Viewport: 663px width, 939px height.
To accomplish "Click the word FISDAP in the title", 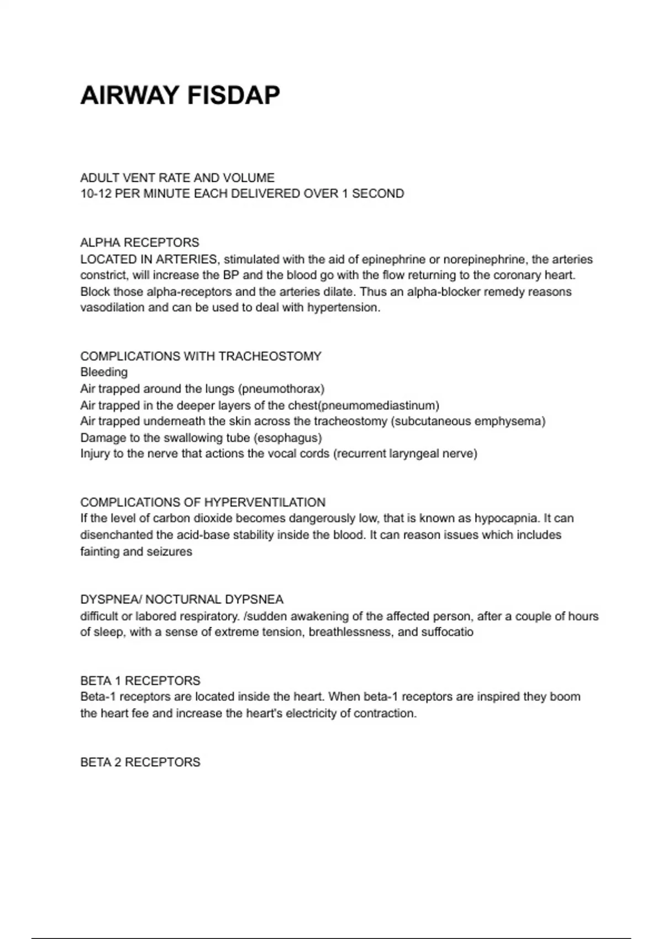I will [233, 95].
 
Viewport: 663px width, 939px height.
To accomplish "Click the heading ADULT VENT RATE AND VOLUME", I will [177, 178].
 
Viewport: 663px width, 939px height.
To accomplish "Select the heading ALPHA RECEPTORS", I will [140, 242].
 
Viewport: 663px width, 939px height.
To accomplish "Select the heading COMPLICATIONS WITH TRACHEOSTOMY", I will [201, 356].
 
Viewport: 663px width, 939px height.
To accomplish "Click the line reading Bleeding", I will [104, 372].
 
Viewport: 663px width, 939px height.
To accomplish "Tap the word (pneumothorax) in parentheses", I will [281, 389].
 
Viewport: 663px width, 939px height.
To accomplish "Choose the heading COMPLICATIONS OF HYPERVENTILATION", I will [203, 503].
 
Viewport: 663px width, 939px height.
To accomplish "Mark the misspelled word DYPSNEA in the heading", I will [260, 600].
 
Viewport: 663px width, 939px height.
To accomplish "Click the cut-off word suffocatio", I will [447, 632].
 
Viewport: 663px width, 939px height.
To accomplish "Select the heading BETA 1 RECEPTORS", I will [140, 681].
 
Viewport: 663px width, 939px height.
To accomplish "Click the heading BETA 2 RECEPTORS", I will [140, 762].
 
